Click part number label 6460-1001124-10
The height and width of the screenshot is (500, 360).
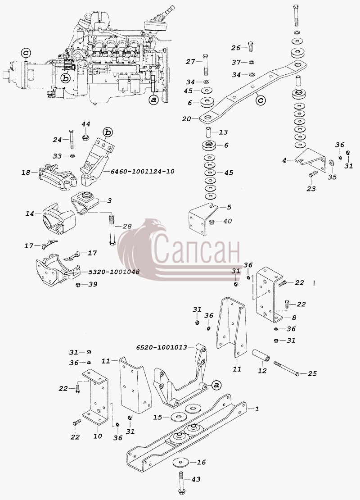142,171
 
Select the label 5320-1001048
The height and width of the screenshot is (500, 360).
110,272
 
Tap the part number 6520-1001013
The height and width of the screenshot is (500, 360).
162,347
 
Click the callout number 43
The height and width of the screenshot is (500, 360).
196,479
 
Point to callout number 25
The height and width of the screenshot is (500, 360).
312,373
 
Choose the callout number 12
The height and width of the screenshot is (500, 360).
262,371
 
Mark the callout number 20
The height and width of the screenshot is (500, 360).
186,119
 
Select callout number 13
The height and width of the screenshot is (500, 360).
224,132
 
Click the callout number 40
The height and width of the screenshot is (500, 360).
227,221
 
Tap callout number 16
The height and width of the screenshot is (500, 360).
201,462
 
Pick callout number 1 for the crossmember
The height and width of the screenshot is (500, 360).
257,409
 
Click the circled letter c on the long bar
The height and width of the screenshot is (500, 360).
261,100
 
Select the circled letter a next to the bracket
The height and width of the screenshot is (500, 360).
216,385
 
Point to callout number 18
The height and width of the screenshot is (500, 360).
26,173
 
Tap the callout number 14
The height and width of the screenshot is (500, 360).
30,214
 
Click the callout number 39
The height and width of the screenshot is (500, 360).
93,284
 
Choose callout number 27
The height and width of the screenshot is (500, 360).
190,61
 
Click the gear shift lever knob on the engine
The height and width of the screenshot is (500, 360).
172,8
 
